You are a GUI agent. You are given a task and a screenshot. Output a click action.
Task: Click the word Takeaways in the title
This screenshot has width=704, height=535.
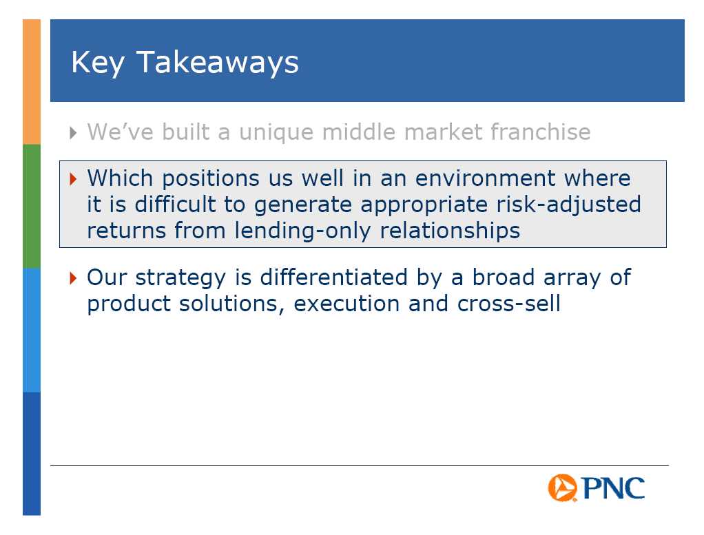(217, 63)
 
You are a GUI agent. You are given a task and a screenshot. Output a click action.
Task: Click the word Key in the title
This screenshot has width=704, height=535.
(98, 63)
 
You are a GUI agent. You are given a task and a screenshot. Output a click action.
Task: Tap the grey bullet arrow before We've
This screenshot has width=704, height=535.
(73, 133)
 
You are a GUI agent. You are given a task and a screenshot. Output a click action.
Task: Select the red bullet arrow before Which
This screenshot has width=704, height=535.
(73, 179)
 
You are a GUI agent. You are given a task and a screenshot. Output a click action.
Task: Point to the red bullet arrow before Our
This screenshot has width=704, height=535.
(73, 277)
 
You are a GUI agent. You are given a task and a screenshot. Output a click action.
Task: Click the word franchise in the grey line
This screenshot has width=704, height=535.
(540, 132)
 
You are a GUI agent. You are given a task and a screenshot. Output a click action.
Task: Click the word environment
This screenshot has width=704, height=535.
(486, 178)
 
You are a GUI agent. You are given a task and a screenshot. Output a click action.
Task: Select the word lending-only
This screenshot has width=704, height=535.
(302, 231)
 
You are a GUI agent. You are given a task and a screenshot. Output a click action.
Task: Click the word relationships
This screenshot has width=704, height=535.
(450, 231)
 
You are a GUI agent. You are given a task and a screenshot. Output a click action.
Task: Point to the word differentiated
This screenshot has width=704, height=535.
(334, 277)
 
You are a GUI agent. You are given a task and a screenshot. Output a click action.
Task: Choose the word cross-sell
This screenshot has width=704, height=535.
(508, 304)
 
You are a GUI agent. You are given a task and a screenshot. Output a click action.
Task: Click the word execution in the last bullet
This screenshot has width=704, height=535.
(346, 304)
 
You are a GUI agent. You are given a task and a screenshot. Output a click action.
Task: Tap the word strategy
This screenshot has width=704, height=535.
(180, 278)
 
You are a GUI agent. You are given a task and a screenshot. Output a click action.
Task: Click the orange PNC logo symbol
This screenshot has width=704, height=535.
(562, 487)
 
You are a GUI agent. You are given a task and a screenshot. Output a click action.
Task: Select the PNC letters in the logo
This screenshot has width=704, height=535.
(613, 488)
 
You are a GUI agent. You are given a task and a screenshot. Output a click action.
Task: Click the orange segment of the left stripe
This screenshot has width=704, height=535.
(32, 82)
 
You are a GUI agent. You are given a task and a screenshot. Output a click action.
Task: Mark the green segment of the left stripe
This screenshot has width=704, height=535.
(32, 206)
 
